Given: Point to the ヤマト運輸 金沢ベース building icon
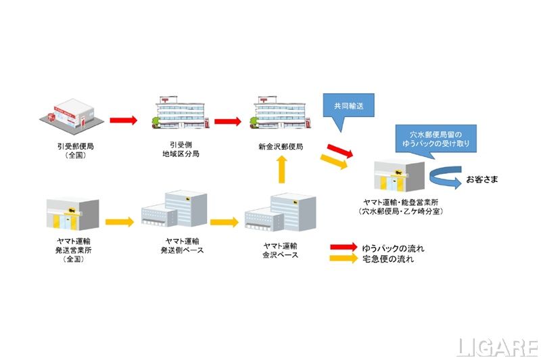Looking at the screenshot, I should click(x=278, y=213).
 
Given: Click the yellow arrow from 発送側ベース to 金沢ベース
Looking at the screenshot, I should click(x=224, y=221).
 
